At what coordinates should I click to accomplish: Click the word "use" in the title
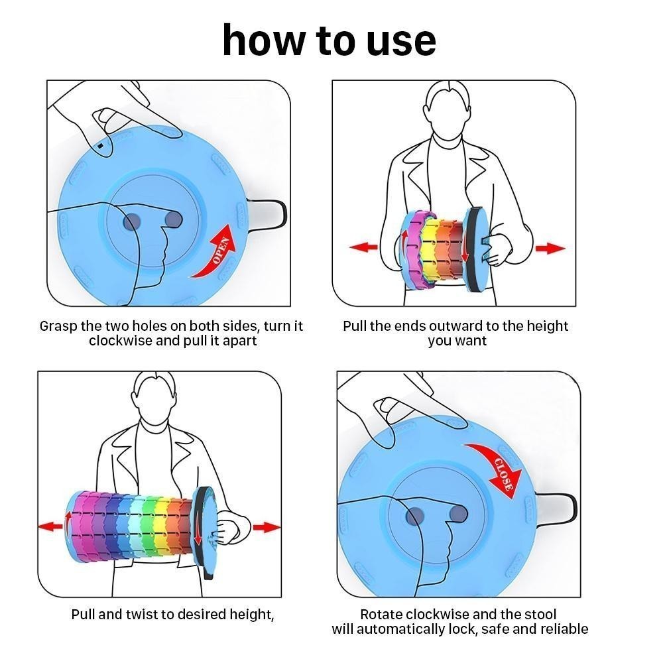coord(401,41)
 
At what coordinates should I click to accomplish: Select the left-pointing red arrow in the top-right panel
coord(363,247)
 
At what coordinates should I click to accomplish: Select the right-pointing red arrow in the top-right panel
coord(550,248)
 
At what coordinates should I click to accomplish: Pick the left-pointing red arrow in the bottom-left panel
coord(51,526)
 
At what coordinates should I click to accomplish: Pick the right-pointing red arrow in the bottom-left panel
coord(267,527)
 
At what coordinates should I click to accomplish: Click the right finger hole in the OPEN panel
coord(173,219)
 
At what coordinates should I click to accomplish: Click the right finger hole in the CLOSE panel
coord(458,514)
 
